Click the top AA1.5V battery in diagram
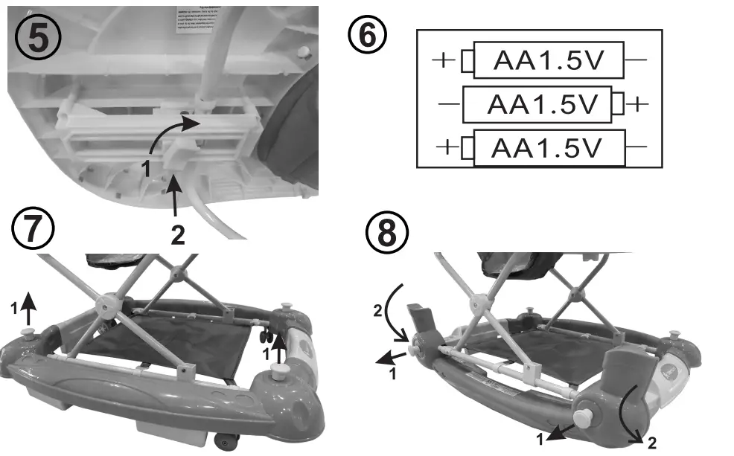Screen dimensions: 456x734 (x=548, y=61)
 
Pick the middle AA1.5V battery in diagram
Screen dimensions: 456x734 (x=542, y=106)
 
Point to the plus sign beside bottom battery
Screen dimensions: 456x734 (x=447, y=147)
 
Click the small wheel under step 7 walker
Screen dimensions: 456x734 (x=227, y=443)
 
